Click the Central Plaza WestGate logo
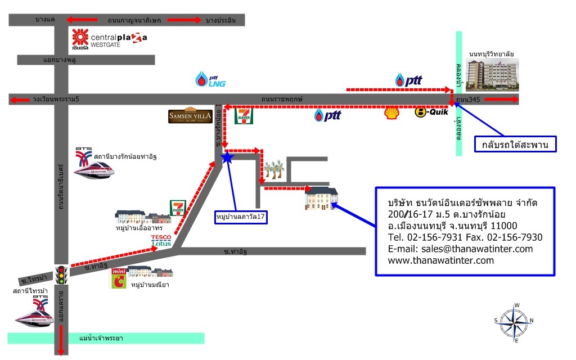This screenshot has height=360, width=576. click(110, 39)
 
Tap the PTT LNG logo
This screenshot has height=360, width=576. click(210, 79)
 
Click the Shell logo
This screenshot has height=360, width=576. click(391, 112)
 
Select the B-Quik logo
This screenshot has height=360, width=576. click(431, 112)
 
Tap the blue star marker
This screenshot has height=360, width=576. click(227, 157)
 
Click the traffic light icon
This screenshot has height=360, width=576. click(61, 274)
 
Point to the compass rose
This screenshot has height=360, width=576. click(514, 322)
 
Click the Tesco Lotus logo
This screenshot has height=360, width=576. click(161, 240)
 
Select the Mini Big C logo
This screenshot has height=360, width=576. click(119, 278)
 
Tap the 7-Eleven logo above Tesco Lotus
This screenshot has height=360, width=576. click(178, 208)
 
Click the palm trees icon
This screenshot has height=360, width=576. click(274, 169)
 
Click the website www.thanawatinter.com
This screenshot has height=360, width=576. click(441, 260)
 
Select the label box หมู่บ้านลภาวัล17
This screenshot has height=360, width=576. click(241, 217)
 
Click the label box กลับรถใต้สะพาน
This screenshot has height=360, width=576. click(515, 145)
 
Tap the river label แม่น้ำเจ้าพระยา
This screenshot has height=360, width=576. click(101, 338)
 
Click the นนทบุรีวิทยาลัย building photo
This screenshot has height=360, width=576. click(492, 75)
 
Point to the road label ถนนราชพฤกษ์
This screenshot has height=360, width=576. click(282, 99)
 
